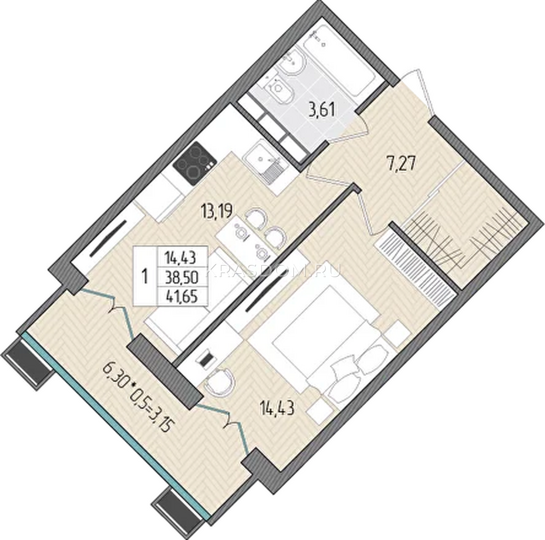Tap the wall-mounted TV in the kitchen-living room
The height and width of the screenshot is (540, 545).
point(108,238)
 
